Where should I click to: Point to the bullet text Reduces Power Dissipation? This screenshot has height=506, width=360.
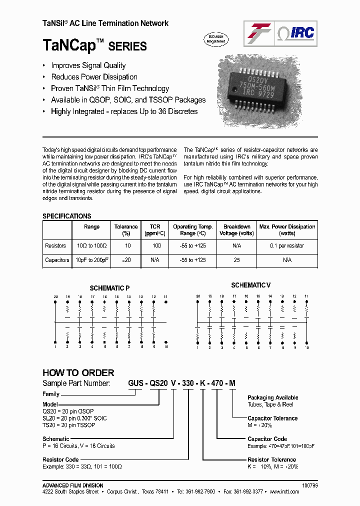point(94,77)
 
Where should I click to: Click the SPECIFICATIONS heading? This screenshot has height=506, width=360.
point(67,216)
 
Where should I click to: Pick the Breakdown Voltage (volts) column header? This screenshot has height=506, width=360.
point(237,230)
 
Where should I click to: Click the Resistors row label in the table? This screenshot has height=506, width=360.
point(55,246)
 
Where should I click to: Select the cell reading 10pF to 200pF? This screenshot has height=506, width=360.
point(92,260)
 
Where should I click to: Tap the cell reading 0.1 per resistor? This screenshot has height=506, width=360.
point(287,246)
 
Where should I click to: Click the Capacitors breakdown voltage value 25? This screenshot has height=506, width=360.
point(237,260)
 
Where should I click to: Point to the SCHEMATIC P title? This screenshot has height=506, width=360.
point(109,288)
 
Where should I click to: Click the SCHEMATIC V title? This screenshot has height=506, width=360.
point(250,285)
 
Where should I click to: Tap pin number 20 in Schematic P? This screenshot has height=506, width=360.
point(55,297)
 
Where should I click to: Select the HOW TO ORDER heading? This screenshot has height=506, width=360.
point(78,372)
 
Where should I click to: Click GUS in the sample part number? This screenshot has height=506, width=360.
point(135,383)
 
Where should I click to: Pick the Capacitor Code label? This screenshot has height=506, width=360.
point(267,439)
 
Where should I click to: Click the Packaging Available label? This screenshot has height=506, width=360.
point(273,397)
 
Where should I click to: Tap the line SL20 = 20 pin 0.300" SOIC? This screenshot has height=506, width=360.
point(74,418)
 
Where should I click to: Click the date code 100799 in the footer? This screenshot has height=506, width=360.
point(310,485)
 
